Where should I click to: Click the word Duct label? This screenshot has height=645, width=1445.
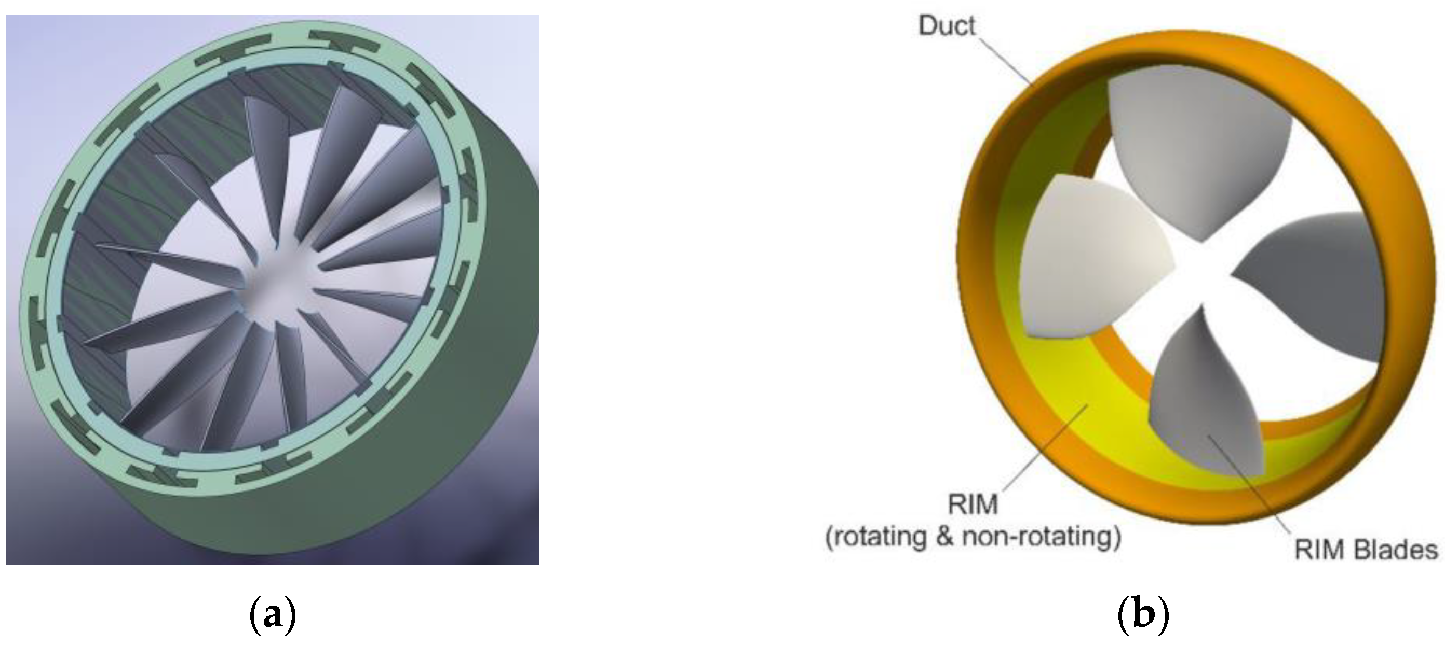tap(947, 26)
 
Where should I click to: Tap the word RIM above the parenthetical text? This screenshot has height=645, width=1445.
tap(973, 505)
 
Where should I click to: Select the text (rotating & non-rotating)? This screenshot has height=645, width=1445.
tap(973, 537)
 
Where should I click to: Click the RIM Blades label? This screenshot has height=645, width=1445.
tap(1366, 550)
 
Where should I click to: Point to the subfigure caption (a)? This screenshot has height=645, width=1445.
tap(272, 615)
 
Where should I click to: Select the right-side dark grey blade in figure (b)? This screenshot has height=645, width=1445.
tap(1318, 286)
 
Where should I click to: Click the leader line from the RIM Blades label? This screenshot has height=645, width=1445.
tap(1251, 482)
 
